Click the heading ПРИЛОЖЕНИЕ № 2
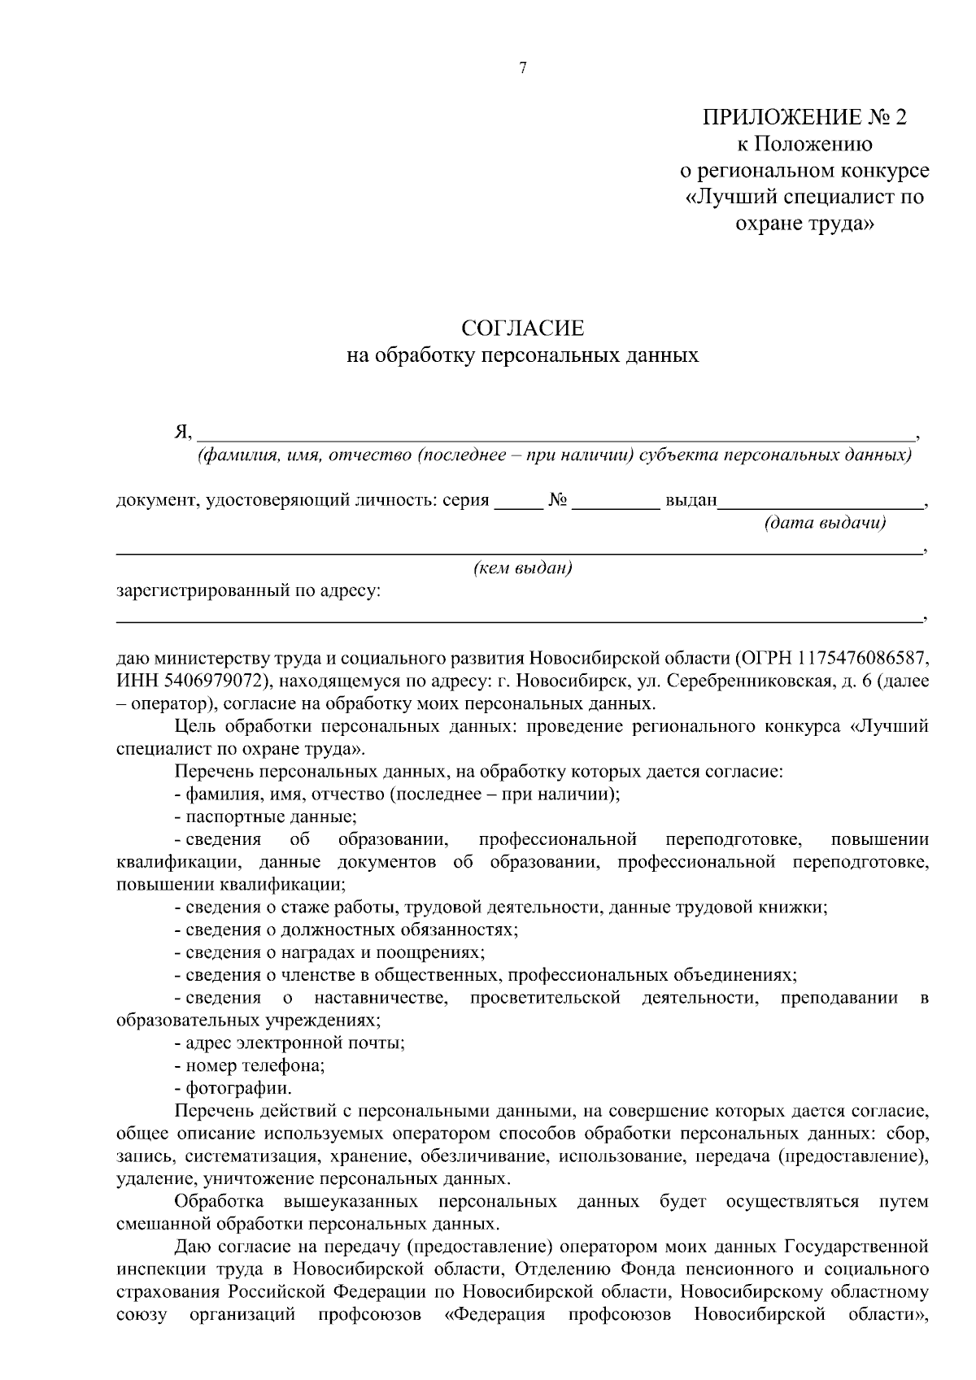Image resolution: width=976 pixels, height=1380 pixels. pyautogui.click(x=804, y=118)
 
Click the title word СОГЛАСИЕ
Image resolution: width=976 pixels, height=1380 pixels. pyautogui.click(x=522, y=329)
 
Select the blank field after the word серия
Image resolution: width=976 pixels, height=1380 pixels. pyautogui.click(x=518, y=502)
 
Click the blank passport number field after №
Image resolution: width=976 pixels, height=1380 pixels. pyautogui.click(x=616, y=502)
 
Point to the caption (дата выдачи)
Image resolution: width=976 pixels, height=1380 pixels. pyautogui.click(x=824, y=523)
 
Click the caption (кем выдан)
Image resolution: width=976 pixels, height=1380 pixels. pyautogui.click(x=523, y=568)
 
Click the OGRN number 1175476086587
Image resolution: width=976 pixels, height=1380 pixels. pyautogui.click(x=863, y=657)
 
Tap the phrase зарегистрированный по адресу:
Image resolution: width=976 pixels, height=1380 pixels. pyautogui.click(x=248, y=590)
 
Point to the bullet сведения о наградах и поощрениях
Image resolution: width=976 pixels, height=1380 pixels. pyautogui.click(x=334, y=951)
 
